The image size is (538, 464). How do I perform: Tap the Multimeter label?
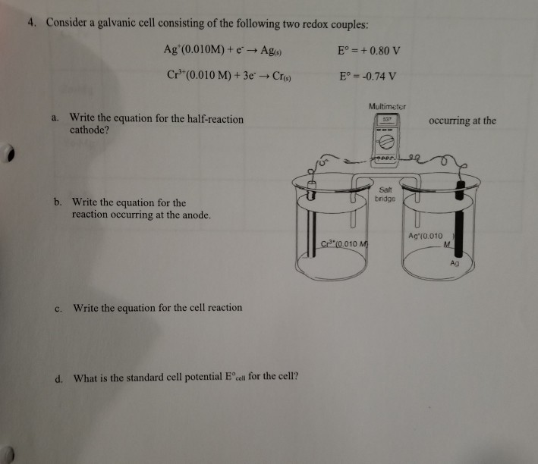pos(387,108)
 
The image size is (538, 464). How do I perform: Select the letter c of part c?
pos(58,307)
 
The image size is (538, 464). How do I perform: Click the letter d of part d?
pos(58,378)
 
